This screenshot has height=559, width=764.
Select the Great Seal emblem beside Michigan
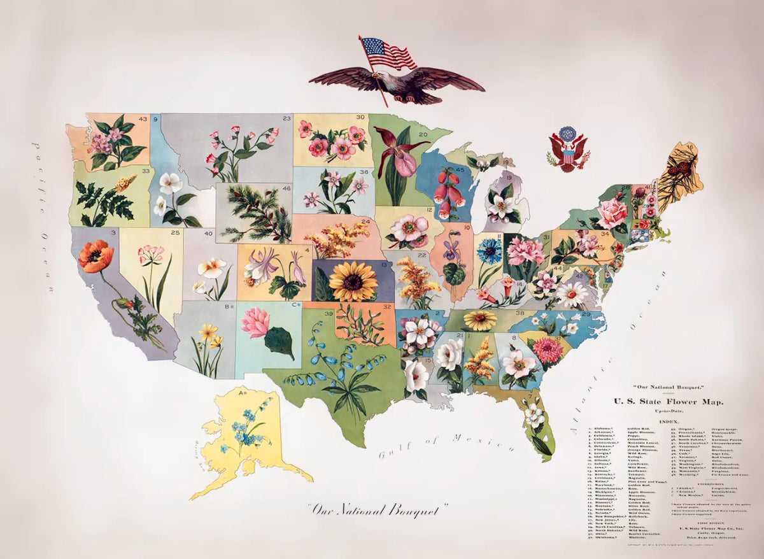[x=567, y=150]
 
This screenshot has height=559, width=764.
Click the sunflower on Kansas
[x=353, y=281]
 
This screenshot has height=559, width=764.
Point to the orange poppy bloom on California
[x=95, y=256]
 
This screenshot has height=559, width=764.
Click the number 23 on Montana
[x=286, y=118]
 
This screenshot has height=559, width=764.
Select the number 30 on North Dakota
[x=360, y=117]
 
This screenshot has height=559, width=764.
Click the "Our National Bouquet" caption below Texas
[x=378, y=509]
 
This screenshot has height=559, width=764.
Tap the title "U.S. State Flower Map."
[x=668, y=401]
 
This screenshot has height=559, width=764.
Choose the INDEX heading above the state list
[x=668, y=421]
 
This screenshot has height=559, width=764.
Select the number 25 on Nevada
[x=175, y=234]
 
